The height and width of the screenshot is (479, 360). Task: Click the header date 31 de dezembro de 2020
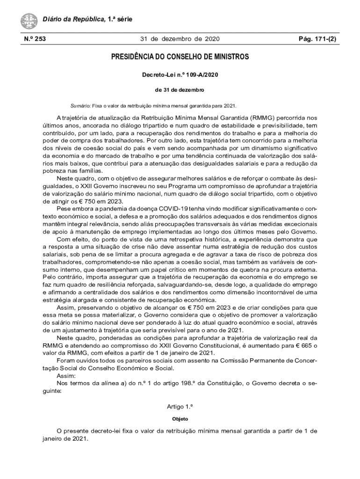[180, 39]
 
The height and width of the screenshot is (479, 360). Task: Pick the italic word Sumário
[79, 105]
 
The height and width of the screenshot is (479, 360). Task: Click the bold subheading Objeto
[180, 419]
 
